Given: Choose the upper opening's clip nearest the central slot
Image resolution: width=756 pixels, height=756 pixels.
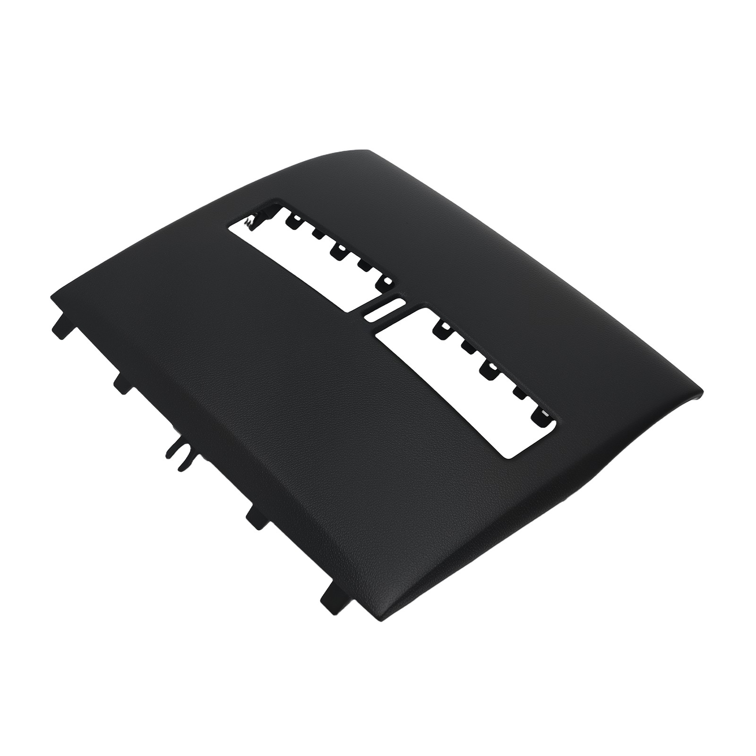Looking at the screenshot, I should click(387, 281).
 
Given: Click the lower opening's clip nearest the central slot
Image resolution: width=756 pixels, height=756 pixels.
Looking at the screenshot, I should click(444, 326).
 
